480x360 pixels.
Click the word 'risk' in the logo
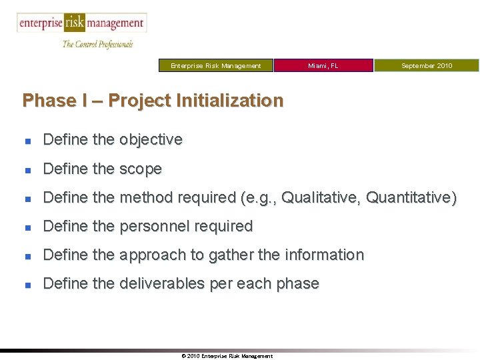pyautogui.click(x=75, y=23)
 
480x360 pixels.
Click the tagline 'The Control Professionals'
pyautogui.click(x=98, y=44)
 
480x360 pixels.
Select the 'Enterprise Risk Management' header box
pyautogui.click(x=216, y=65)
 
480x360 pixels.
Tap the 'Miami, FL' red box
pyautogui.click(x=323, y=65)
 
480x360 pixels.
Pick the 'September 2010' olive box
pyautogui.click(x=426, y=65)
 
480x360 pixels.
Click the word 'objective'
pyautogui.click(x=151, y=140)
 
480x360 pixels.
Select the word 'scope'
pyautogui.click(x=141, y=169)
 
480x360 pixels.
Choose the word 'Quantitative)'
pyautogui.click(x=411, y=198)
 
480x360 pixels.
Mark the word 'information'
pyautogui.click(x=324, y=255)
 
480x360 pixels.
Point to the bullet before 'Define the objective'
pyautogui.click(x=27, y=141)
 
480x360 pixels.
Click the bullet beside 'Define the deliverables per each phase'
pyautogui.click(x=27, y=285)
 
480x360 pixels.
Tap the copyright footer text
pyautogui.click(x=227, y=356)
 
